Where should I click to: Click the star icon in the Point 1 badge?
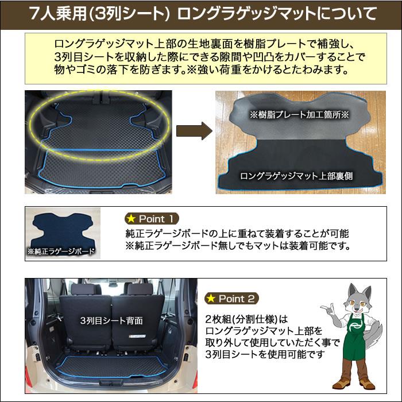(x=132, y=219)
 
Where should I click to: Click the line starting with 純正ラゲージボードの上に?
(x=237, y=234)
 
